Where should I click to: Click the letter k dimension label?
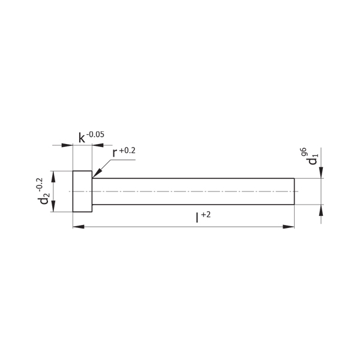click(x=82, y=138)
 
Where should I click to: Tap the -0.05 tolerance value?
click(x=95, y=134)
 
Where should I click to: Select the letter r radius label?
click(x=115, y=153)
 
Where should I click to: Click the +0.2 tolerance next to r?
click(x=127, y=151)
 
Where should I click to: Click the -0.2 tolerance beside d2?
click(x=39, y=185)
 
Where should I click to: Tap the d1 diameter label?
click(x=313, y=160)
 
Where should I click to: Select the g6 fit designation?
click(x=303, y=152)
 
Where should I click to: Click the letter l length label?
click(x=197, y=218)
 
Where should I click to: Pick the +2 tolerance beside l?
click(x=206, y=215)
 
